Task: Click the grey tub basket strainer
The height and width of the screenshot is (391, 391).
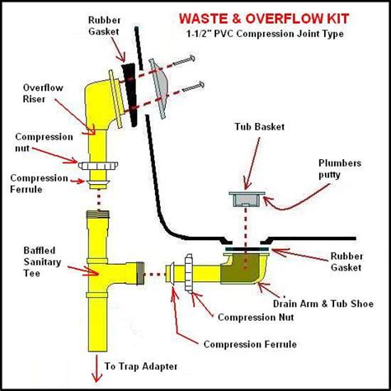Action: [245, 198]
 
